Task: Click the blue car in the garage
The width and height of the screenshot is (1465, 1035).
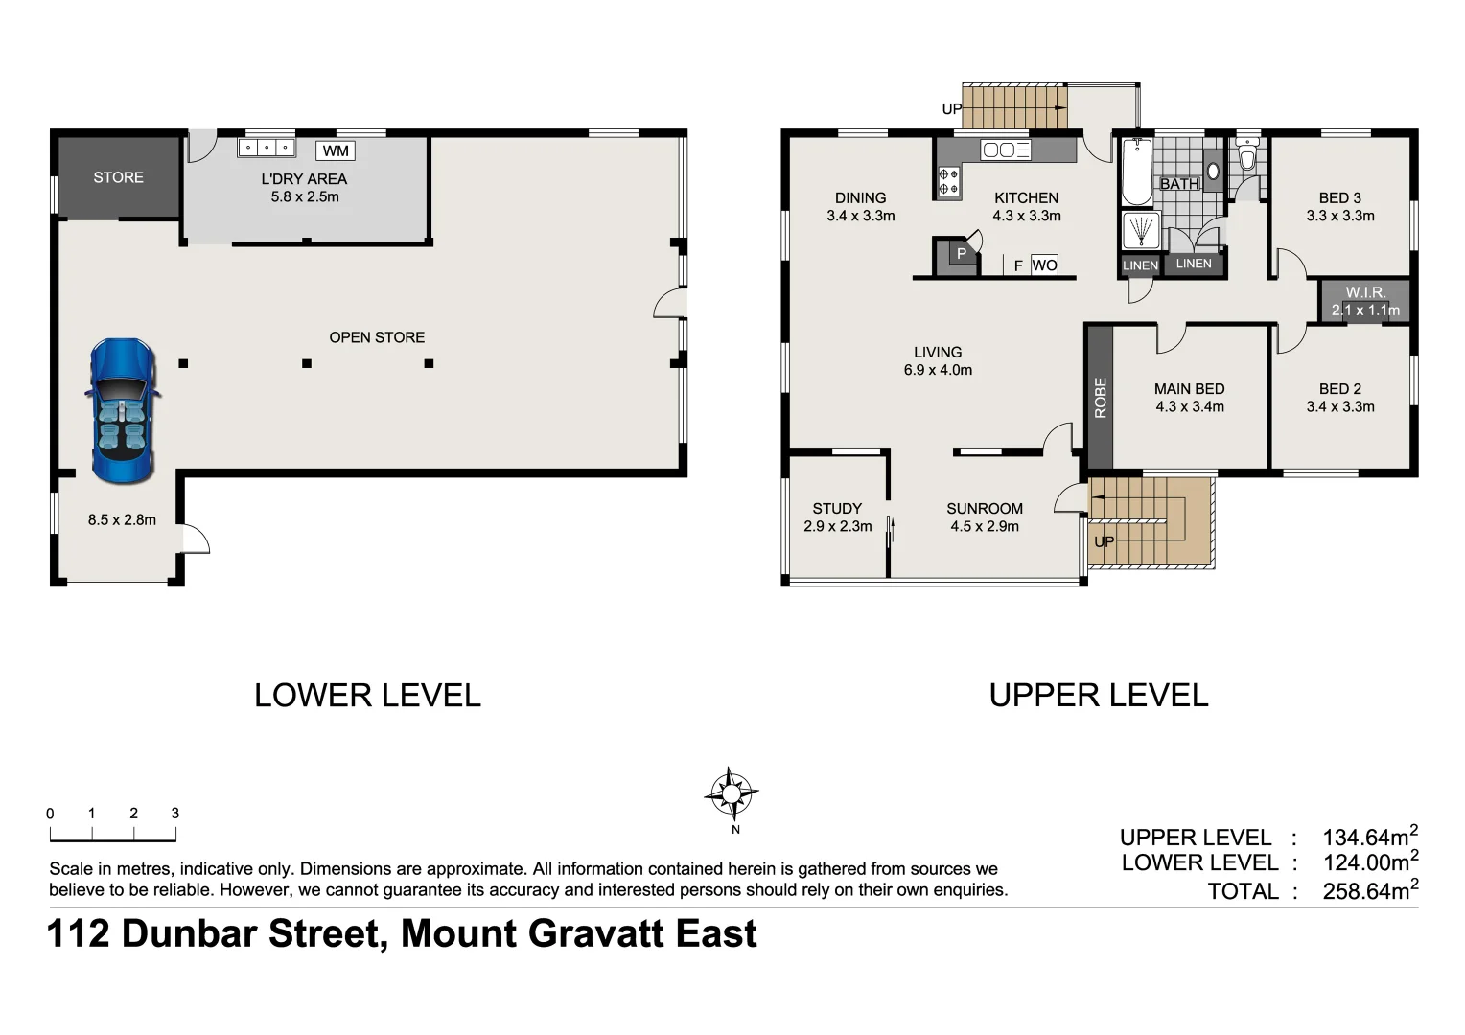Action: pyautogui.click(x=123, y=411)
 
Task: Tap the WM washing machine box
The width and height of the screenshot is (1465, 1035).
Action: pyautogui.click(x=336, y=150)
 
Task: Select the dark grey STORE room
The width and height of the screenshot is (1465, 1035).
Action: pyautogui.click(x=119, y=178)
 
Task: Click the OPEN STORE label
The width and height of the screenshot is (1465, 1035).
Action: pyautogui.click(x=377, y=337)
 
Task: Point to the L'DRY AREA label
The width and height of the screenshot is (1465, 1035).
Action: pyautogui.click(x=304, y=179)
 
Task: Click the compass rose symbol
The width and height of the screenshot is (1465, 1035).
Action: pyautogui.click(x=731, y=793)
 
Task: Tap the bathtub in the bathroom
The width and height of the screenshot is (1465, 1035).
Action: pyautogui.click(x=1137, y=172)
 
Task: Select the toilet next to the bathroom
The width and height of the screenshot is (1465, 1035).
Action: pyautogui.click(x=1246, y=157)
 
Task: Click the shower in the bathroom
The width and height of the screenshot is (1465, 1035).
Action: pyautogui.click(x=1140, y=232)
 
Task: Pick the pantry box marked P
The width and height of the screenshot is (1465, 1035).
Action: pyautogui.click(x=961, y=254)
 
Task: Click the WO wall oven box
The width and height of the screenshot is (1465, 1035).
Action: pyautogui.click(x=1044, y=265)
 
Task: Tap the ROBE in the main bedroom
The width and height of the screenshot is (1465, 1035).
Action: pyautogui.click(x=1100, y=397)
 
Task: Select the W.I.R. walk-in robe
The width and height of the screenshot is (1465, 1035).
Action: pyautogui.click(x=1364, y=301)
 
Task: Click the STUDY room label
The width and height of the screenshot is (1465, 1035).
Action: pyautogui.click(x=837, y=509)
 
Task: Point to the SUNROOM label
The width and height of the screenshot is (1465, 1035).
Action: pyautogui.click(x=985, y=509)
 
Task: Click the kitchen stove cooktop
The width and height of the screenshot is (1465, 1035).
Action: pyautogui.click(x=948, y=181)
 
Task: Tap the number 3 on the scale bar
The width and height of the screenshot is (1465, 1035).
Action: pyautogui.click(x=175, y=813)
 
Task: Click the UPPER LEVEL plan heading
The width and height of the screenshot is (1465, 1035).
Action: pyautogui.click(x=1098, y=695)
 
